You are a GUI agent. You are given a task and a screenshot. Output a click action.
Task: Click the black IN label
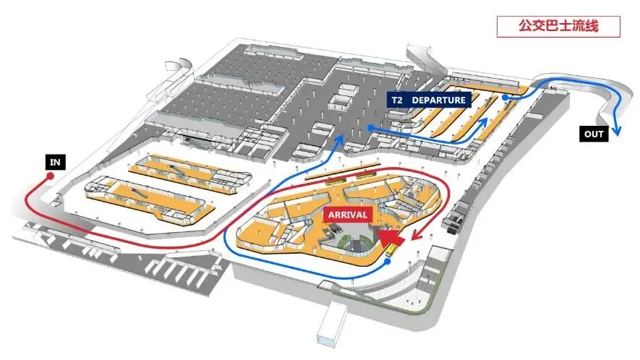coord(54,162)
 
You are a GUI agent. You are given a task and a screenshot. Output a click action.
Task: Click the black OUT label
coord(594,133)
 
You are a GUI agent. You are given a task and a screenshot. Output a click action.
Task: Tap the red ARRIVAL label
coord(349,215)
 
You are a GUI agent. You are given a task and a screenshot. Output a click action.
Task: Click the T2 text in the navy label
coord(398,100)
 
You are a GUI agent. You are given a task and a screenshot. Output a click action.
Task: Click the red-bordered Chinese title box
coord(558,27)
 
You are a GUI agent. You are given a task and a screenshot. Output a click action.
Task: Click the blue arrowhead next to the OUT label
coord(618,131)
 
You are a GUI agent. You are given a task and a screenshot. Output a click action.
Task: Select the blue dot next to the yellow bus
coord(388,261)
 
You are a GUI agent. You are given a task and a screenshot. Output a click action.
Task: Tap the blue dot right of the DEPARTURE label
coord(505,96)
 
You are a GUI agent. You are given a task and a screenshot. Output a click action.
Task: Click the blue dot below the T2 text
coord(370,127)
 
